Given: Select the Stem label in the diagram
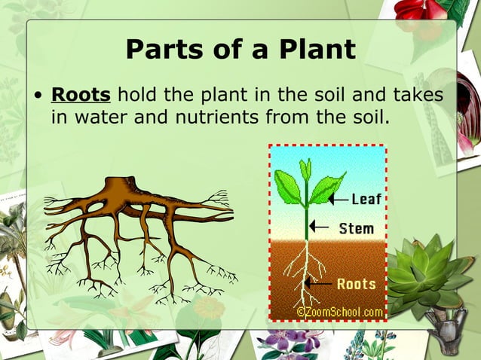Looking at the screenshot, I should pyautogui.click(x=356, y=227).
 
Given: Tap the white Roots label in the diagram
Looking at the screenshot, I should pyautogui.click(x=356, y=284).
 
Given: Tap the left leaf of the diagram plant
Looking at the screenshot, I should pyautogui.click(x=288, y=185).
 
